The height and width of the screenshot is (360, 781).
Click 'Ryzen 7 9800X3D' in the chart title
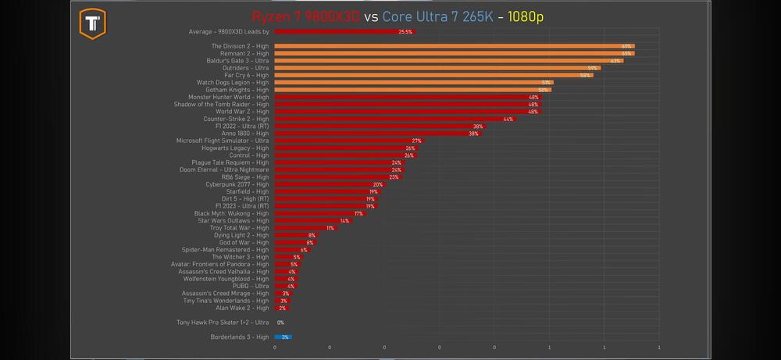tap(306, 17)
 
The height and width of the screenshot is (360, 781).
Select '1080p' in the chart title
tap(525, 17)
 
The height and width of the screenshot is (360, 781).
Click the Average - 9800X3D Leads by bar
tap(344, 32)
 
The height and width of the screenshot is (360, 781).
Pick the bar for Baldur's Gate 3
tap(448, 61)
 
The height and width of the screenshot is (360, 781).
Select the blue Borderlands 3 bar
tap(283, 337)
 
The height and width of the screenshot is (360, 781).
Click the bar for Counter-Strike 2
tap(394, 119)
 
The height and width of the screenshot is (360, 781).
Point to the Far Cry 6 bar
tap(433, 75)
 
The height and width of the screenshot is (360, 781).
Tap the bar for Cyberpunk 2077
tap(329, 184)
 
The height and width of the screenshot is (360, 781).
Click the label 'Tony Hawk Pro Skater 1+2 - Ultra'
tap(223, 322)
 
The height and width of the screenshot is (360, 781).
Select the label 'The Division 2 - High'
tap(240, 46)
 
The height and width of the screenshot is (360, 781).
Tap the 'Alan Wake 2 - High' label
tap(242, 308)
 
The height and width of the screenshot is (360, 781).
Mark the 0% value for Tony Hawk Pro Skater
tap(280, 323)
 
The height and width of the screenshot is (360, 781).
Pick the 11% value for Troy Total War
tap(330, 228)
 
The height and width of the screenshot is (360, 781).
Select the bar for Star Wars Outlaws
tap(312, 221)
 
